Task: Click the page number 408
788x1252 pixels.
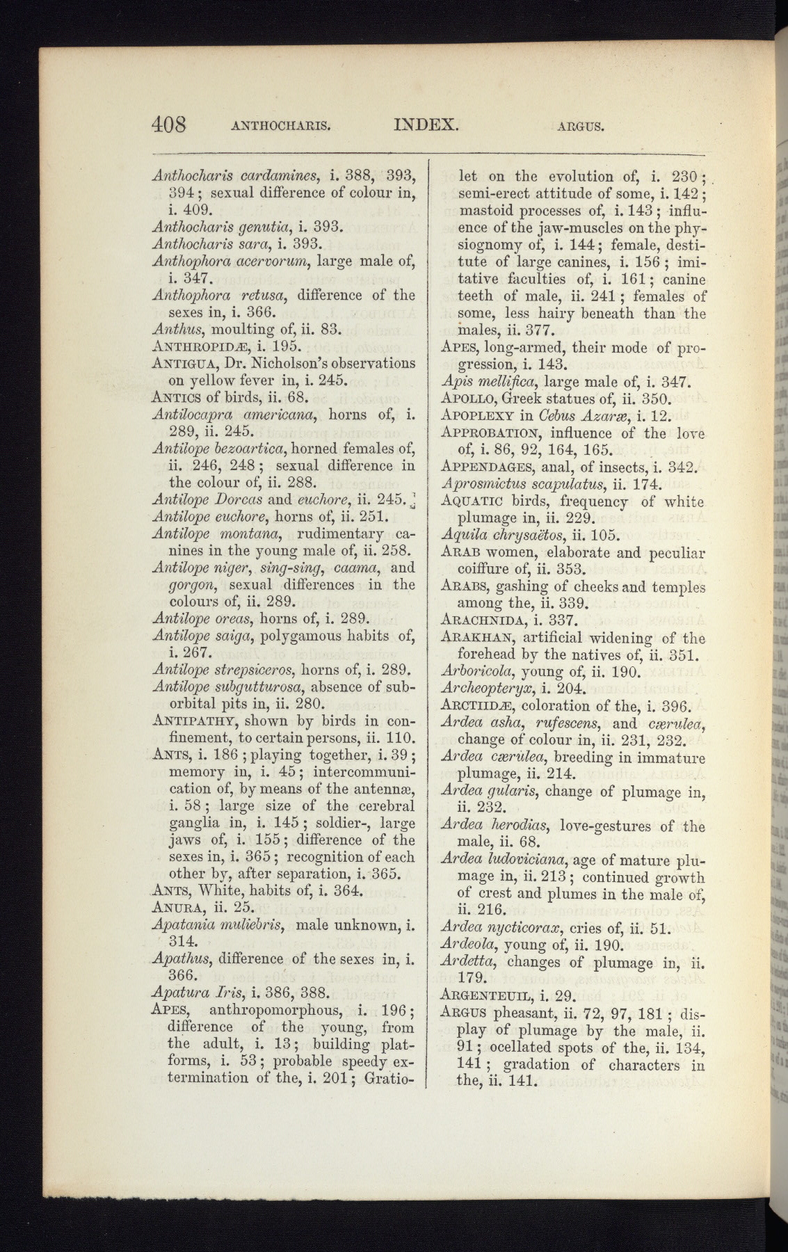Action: [169, 125]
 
